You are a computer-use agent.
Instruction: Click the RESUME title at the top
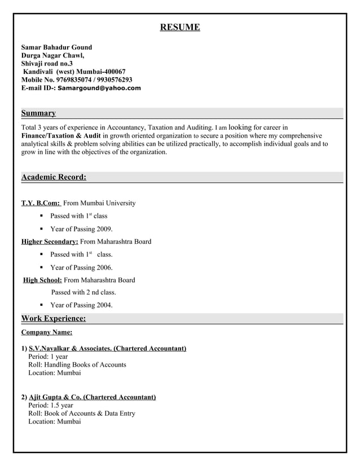pos(179,27)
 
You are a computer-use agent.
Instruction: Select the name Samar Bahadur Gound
pos(56,47)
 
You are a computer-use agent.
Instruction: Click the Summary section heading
pos(38,113)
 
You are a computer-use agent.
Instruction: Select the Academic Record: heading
pos(54,177)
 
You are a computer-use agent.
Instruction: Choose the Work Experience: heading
pos(54,319)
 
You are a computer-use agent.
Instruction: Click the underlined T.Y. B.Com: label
pos(41,203)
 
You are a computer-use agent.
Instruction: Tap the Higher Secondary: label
pos(50,241)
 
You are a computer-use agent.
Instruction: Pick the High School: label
pos(42,280)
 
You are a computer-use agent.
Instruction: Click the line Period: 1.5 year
pos(51,405)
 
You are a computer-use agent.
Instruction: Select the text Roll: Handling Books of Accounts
pos(77,364)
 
